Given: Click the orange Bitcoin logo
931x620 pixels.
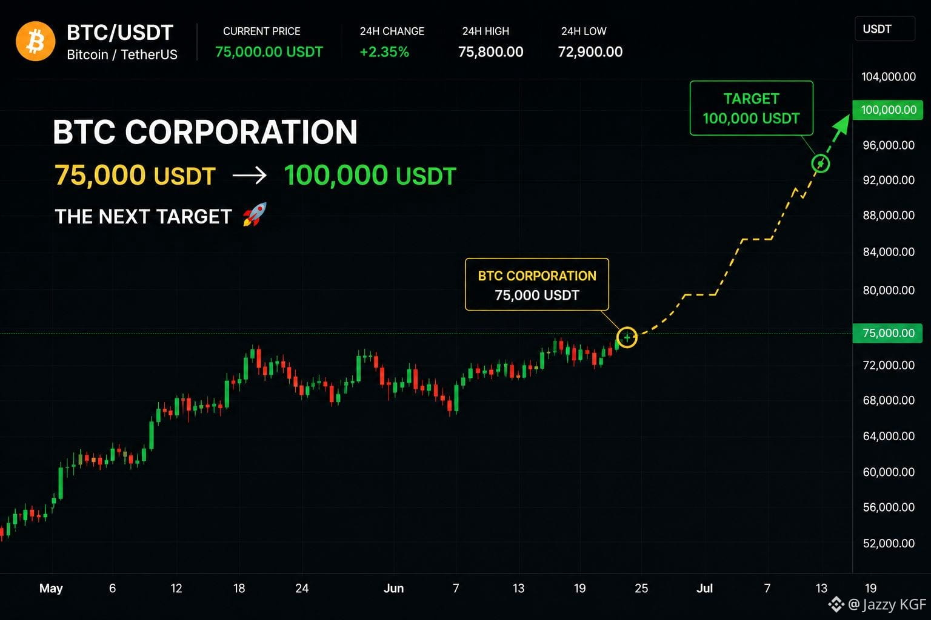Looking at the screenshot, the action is [35, 42].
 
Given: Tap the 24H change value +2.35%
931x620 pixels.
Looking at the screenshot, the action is [384, 52].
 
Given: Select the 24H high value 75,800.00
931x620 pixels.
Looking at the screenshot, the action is [490, 52].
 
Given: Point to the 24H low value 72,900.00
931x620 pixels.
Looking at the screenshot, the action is [590, 52].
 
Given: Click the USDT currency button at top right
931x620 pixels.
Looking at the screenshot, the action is [885, 28].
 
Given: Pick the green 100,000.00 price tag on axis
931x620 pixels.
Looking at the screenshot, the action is [888, 110].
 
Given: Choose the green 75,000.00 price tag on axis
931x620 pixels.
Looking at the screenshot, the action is [888, 333].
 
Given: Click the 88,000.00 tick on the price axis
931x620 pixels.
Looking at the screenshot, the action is [889, 215].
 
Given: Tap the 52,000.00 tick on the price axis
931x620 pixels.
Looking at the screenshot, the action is [889, 543].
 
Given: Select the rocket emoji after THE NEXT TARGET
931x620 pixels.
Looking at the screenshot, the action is [255, 215].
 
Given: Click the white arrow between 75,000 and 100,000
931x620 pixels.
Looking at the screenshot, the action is [249, 175].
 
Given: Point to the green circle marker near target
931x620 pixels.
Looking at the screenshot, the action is [821, 163].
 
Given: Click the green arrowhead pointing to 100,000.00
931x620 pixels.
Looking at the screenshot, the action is [842, 124].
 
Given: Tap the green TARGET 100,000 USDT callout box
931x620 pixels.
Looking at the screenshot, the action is [752, 108].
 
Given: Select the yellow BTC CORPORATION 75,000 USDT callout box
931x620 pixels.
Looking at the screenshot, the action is [537, 285].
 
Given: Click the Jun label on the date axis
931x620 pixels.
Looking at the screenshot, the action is [393, 589].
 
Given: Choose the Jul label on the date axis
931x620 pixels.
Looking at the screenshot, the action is [704, 589].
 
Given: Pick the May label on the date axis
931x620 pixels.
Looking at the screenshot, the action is [51, 589].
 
